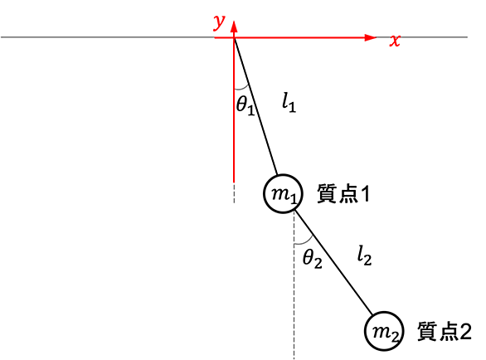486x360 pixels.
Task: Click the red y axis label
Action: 219,23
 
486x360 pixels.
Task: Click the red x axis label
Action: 395,41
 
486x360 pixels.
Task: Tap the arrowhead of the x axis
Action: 371,37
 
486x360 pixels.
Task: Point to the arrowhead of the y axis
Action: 234,27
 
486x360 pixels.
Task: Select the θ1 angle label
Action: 245,105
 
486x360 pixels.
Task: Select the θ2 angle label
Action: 312,258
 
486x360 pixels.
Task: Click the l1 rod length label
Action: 289,102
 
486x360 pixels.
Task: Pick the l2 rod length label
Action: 364,255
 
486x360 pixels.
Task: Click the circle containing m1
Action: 264,194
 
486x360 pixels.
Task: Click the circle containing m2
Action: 365,331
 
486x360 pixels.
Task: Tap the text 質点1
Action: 343,193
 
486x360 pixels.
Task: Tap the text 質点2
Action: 445,332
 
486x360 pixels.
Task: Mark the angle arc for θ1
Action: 242,89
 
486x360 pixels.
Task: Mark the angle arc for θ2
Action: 304,243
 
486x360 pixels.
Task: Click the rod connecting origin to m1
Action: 255,106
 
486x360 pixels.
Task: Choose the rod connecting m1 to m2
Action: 333,262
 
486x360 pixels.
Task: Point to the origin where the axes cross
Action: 234,37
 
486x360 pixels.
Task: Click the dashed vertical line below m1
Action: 294,286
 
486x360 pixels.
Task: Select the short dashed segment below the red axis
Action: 234,193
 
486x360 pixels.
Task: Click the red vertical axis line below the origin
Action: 234,109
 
